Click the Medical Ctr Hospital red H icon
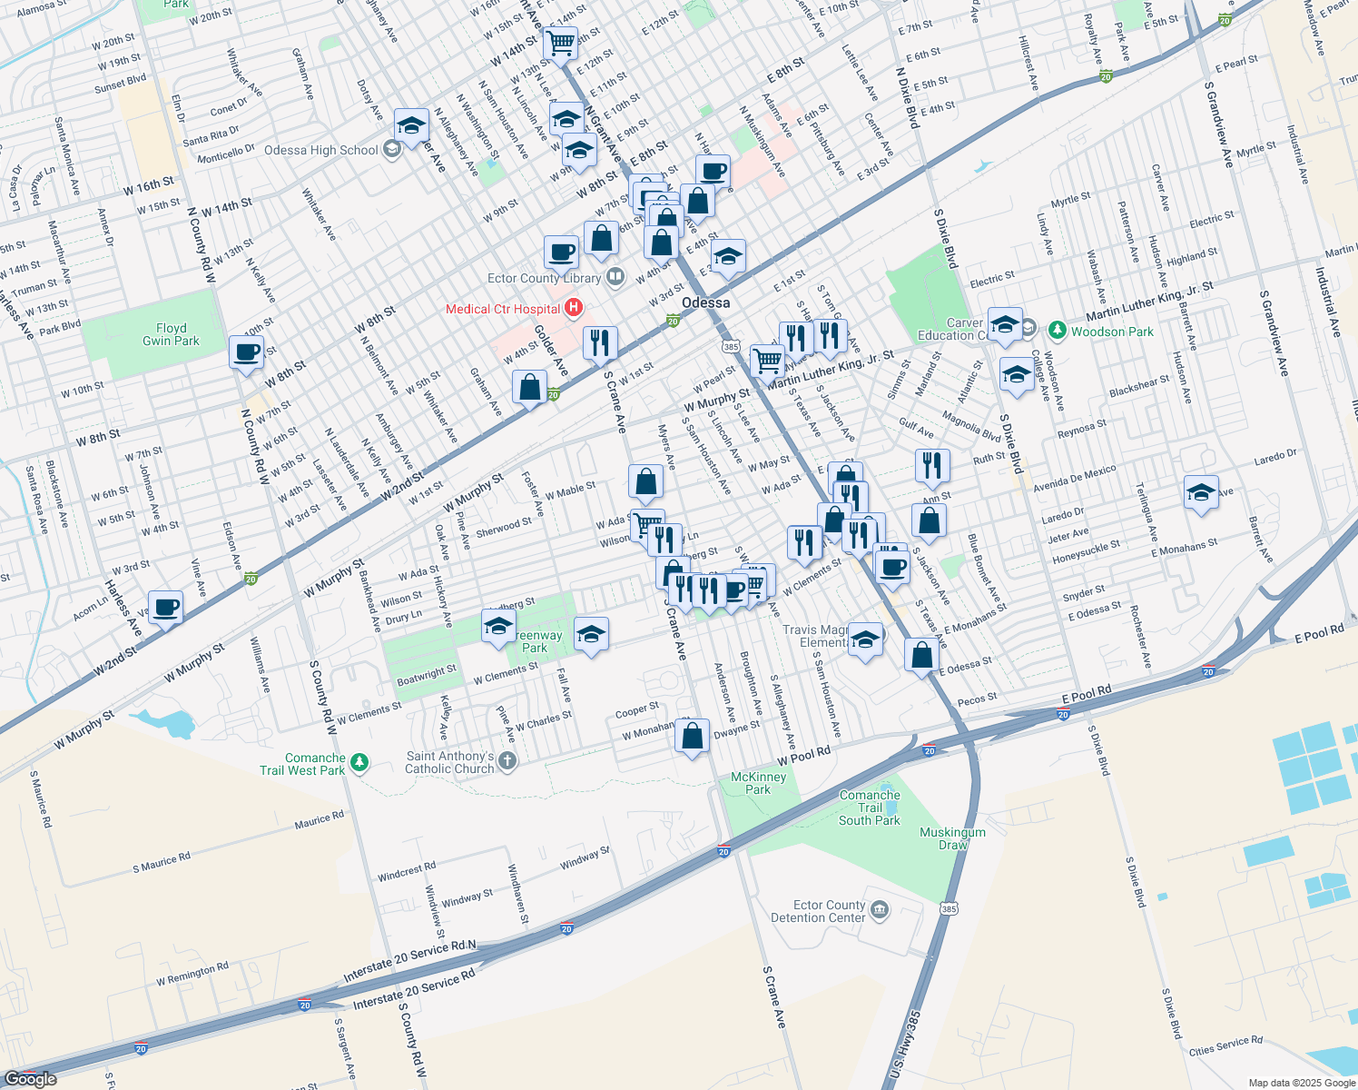click(x=574, y=309)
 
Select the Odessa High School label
click(x=320, y=151)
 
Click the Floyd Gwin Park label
click(x=171, y=334)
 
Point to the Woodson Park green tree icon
click(x=1057, y=330)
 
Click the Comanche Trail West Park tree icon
click(x=359, y=762)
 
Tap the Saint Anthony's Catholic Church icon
click(x=507, y=761)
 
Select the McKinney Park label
click(x=758, y=783)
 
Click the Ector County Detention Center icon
click(x=880, y=909)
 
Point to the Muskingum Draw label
click(x=952, y=838)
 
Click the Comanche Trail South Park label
click(x=870, y=808)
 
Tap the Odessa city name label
click(x=705, y=302)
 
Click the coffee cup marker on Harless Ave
click(x=165, y=607)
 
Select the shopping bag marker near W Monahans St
click(x=693, y=736)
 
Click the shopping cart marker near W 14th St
click(x=560, y=42)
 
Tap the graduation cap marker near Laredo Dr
click(x=1201, y=493)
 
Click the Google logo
click(x=30, y=1078)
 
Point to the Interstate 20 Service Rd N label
click(x=409, y=961)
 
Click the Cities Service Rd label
click(x=1225, y=1045)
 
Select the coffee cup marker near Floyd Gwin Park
click(x=246, y=352)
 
